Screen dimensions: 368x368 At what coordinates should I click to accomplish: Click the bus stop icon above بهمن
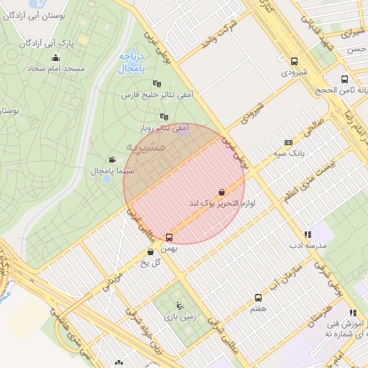click(x=170, y=237)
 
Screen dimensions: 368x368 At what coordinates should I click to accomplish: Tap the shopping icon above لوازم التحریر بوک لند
click(x=223, y=192)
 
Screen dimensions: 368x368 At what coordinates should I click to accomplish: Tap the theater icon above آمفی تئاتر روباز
click(x=165, y=116)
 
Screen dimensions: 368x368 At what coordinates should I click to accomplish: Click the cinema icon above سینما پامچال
click(x=111, y=160)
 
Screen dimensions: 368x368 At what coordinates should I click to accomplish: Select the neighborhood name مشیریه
click(x=146, y=147)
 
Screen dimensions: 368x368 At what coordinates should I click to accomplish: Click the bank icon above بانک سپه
click(x=288, y=142)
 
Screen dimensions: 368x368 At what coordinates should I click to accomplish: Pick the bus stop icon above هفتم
click(x=258, y=297)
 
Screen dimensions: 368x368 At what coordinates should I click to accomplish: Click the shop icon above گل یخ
click(x=150, y=252)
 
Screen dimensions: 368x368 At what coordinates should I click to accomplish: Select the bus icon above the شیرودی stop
click(x=294, y=62)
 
